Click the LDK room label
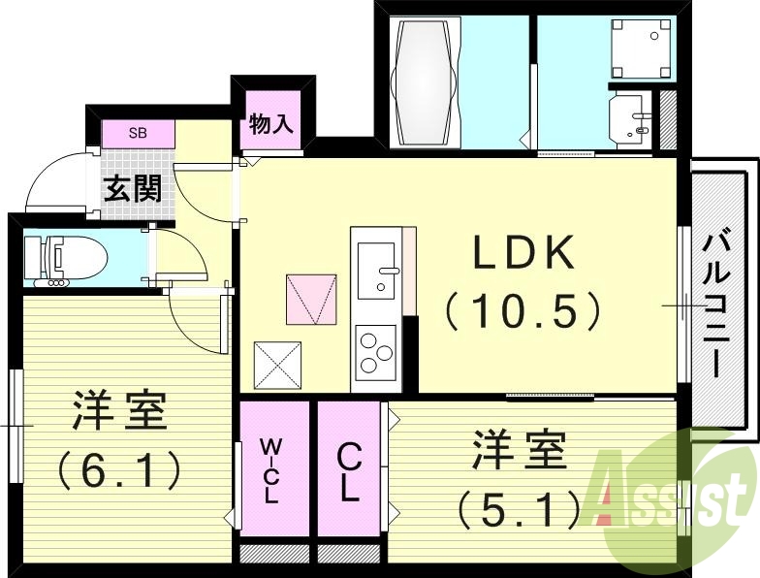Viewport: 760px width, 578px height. click(523, 253)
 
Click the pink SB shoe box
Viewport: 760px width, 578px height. click(139, 133)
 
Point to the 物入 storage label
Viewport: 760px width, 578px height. click(270, 124)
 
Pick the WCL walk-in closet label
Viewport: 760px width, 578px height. click(272, 470)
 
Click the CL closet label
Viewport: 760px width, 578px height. click(348, 472)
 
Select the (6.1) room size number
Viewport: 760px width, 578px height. click(119, 472)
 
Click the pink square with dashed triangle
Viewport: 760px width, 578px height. click(312, 299)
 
